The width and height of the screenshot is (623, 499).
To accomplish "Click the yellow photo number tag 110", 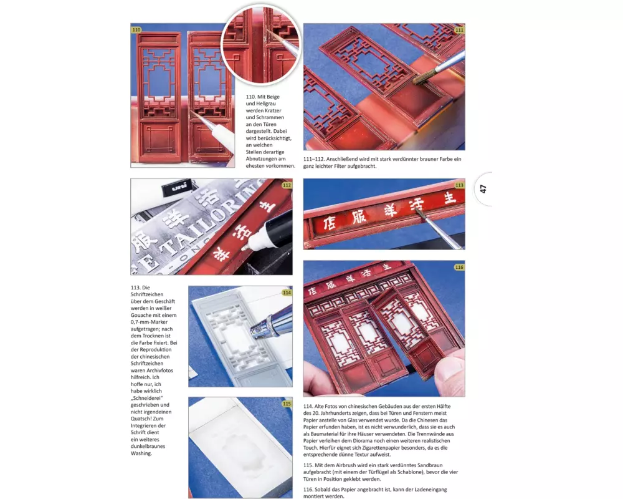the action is (136, 29).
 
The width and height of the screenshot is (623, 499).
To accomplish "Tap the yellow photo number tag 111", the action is (459, 30).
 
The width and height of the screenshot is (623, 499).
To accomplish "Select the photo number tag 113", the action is (459, 185).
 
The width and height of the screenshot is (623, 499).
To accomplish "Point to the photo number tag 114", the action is (287, 293).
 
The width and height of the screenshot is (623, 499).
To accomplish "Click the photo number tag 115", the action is (287, 404).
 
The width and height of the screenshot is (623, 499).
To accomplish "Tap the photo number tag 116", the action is (459, 267).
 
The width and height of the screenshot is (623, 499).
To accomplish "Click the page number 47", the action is (483, 188).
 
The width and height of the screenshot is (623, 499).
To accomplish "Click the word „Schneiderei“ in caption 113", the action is (146, 398).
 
